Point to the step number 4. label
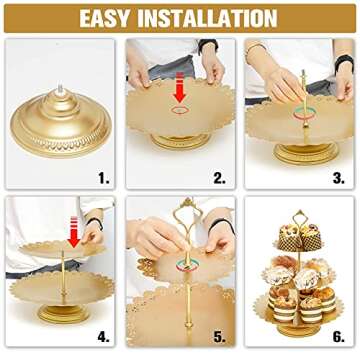click(x=104, y=336)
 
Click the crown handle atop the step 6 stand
click(x=297, y=213)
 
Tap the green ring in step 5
click(x=180, y=266)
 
